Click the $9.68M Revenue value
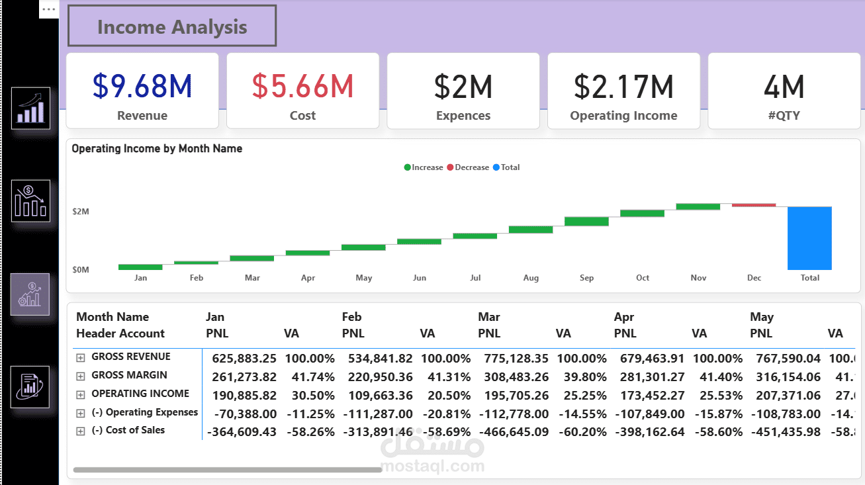142,86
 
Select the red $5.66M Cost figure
302,86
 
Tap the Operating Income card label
623,116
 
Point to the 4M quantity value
784,87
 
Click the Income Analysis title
172,27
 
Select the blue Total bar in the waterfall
809,238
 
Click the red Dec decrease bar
753,205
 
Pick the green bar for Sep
586,221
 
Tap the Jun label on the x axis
420,278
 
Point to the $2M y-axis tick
81,211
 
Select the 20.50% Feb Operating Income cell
445,395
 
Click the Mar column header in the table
488,317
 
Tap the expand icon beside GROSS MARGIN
81,376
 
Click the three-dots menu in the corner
49,9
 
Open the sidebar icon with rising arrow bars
31,108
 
